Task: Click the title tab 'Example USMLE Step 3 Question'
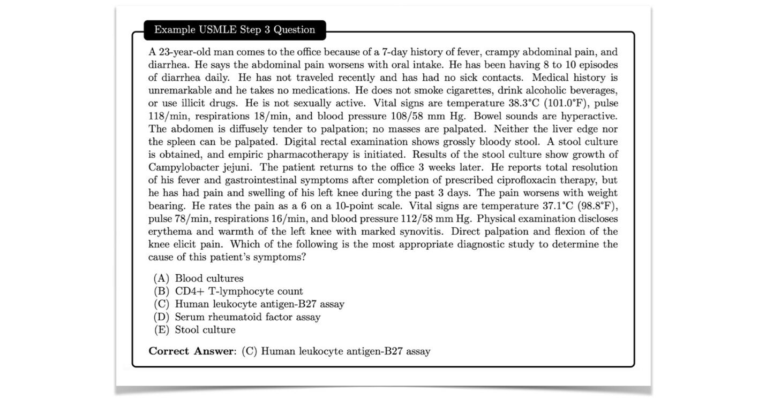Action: click(235, 30)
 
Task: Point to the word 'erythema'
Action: click(169, 232)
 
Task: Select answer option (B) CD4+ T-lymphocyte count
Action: click(239, 291)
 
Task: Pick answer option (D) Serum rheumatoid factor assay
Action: click(247, 317)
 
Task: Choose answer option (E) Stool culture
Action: click(205, 330)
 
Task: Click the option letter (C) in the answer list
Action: click(161, 304)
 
